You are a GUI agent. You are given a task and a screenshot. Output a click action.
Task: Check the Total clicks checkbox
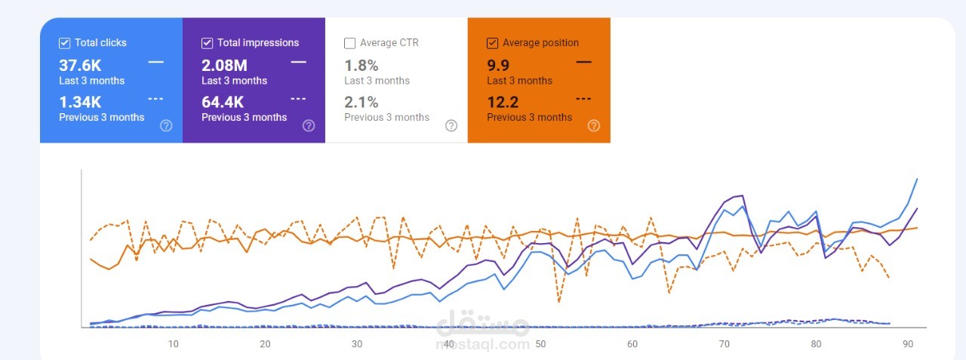coord(64,43)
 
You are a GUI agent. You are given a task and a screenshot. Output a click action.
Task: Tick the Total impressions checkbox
coord(207,43)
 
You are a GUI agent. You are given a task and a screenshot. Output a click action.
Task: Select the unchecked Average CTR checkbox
coord(349,43)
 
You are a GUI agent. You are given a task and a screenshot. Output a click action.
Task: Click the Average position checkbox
coord(492,43)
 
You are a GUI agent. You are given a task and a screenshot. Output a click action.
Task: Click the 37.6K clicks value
coord(80,66)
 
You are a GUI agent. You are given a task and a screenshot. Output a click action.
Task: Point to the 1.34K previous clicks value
coord(80,102)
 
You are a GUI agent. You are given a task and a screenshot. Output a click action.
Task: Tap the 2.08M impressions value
coord(224,66)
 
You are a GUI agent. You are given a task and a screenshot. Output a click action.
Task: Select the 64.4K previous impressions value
coord(223,102)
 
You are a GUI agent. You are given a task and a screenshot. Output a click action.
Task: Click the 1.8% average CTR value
coord(361,66)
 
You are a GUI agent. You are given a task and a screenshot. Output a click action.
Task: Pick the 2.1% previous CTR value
coord(361,102)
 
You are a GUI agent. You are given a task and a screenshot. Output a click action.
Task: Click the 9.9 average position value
coord(498,66)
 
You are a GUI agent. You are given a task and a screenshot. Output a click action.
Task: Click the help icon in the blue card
coord(166,125)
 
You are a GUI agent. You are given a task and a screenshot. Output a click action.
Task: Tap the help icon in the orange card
coord(594,125)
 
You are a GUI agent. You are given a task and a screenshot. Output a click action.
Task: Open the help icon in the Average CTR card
coord(451,125)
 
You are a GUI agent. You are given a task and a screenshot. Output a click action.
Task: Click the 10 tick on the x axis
coord(173,344)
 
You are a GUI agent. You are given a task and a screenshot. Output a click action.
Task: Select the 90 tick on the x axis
coord(908,344)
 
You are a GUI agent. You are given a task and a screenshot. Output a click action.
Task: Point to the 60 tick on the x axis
coord(632,344)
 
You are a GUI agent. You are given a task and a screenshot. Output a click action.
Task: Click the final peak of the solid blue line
coord(917,179)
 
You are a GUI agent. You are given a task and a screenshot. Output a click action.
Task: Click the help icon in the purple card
coord(309,125)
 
